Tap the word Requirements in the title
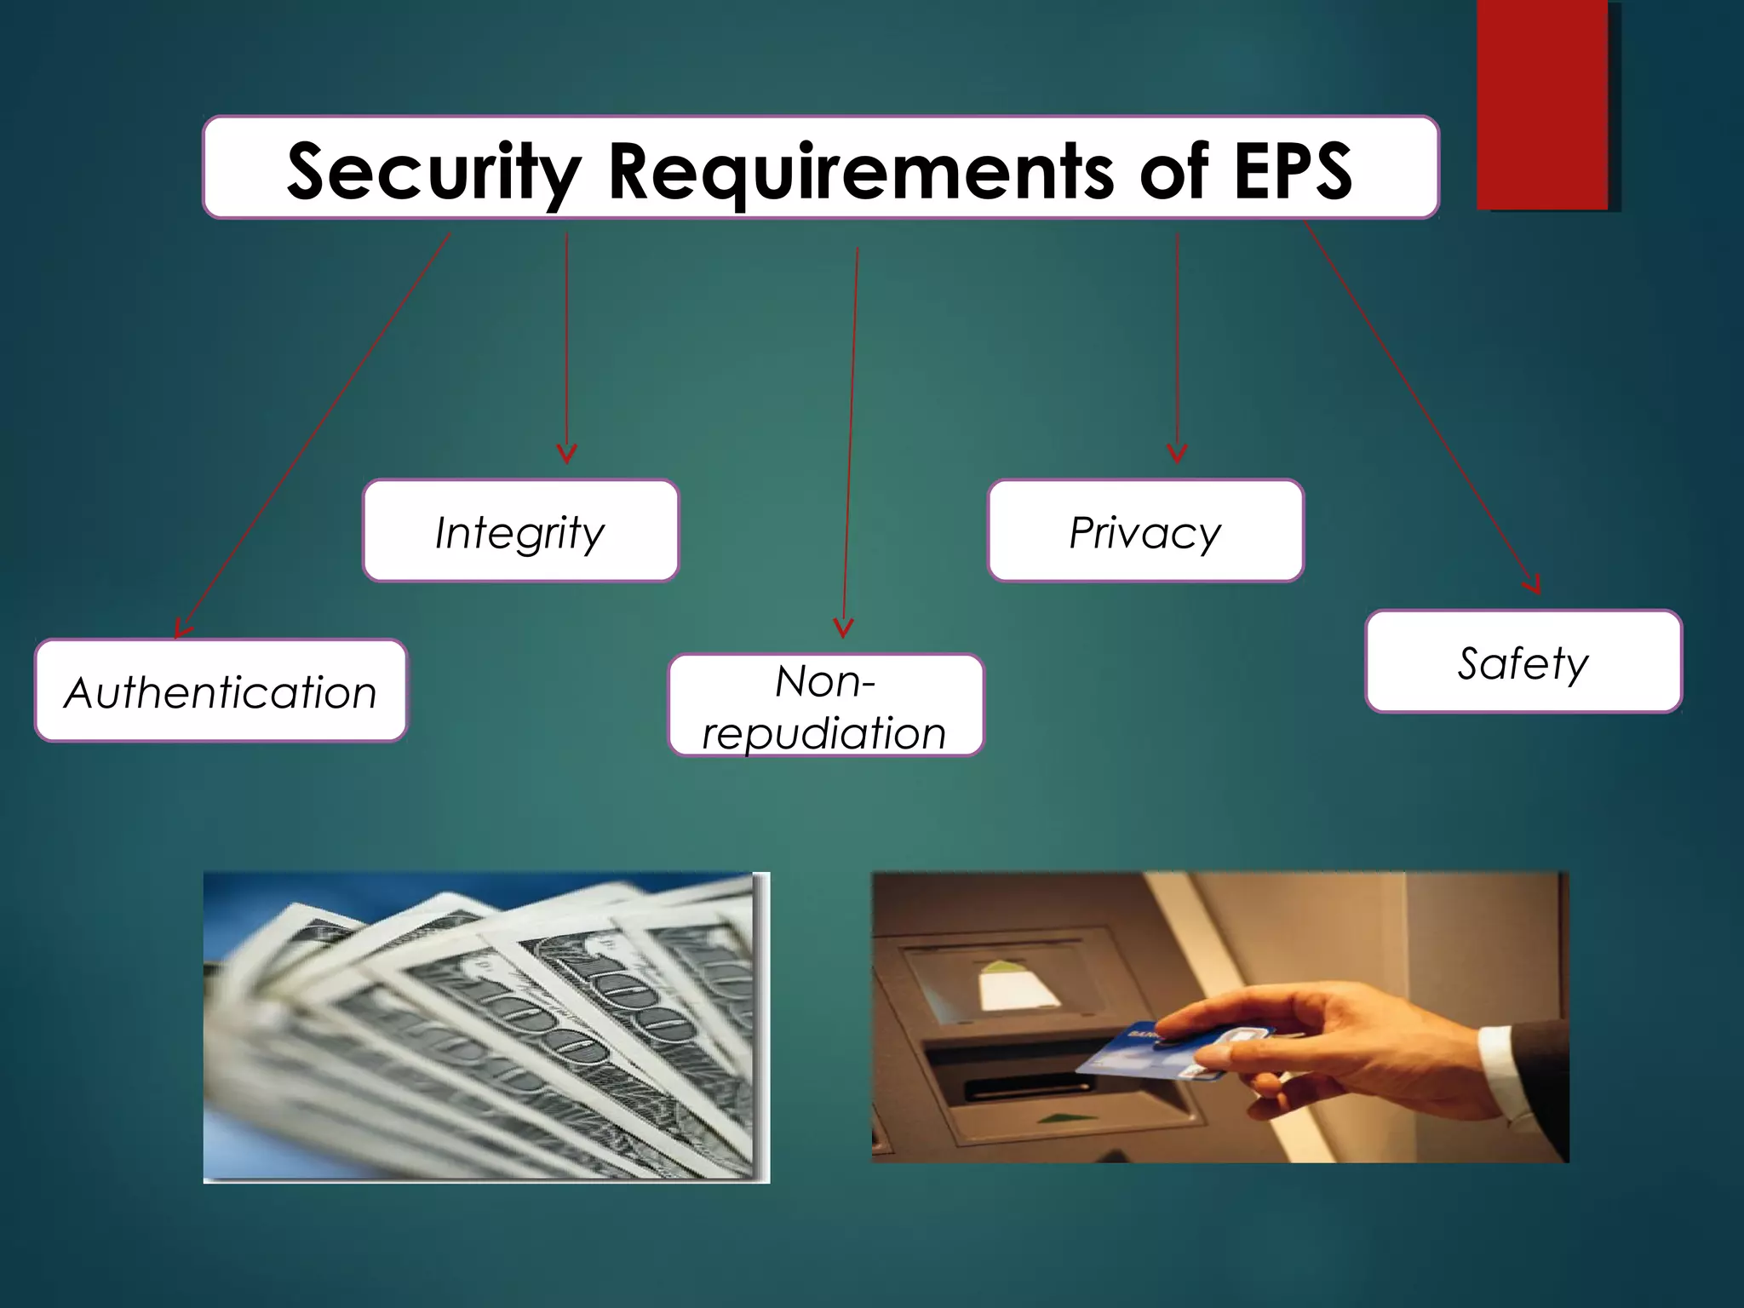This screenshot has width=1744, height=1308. (860, 172)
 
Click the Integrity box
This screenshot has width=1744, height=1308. (520, 531)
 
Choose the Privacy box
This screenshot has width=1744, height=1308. (1144, 531)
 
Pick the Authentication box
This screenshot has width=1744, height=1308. (221, 691)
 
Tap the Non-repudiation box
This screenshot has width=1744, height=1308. (825, 706)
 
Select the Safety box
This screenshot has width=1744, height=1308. (1523, 662)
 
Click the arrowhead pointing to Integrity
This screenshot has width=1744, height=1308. (567, 455)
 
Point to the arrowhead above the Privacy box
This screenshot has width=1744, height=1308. (1177, 454)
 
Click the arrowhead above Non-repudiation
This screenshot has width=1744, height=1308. (843, 629)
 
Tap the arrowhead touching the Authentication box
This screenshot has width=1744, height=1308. (181, 630)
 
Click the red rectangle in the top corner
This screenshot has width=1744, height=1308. (1542, 104)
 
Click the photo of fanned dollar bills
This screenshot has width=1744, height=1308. (485, 1026)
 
